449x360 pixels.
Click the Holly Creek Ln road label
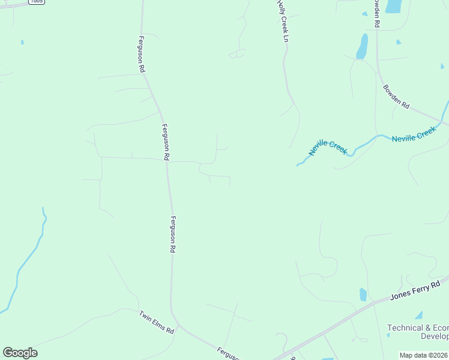[x=283, y=21]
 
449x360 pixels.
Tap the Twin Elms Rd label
[x=156, y=322]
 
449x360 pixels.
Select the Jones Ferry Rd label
[x=419, y=289]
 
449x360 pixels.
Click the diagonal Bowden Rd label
[x=396, y=97]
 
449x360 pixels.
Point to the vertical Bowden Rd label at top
[x=377, y=13]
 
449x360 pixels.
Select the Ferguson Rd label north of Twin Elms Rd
[x=173, y=234]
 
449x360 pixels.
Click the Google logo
[x=20, y=352]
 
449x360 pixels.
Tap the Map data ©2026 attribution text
[x=424, y=355]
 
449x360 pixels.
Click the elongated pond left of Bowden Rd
[x=362, y=46]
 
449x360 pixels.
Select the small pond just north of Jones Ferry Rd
[x=363, y=294]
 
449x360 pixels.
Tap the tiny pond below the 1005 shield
[x=22, y=42]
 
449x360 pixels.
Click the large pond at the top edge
[x=394, y=6]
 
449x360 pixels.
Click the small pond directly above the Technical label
[x=418, y=315]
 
